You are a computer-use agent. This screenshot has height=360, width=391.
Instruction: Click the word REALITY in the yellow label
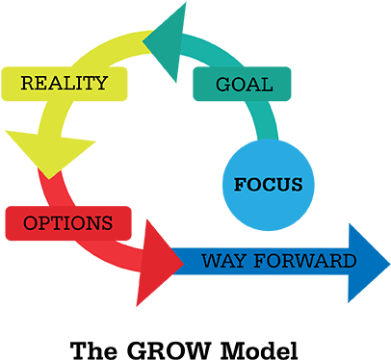coord(64,83)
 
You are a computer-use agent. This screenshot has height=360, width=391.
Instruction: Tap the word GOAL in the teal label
coord(244,85)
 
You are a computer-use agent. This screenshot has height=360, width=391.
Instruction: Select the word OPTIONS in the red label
coord(66,223)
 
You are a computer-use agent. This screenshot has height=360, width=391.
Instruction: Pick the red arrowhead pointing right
coord(159,259)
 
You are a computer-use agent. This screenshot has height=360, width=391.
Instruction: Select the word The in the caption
coord(94,348)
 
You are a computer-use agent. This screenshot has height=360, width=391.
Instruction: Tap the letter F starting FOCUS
coord(240,184)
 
